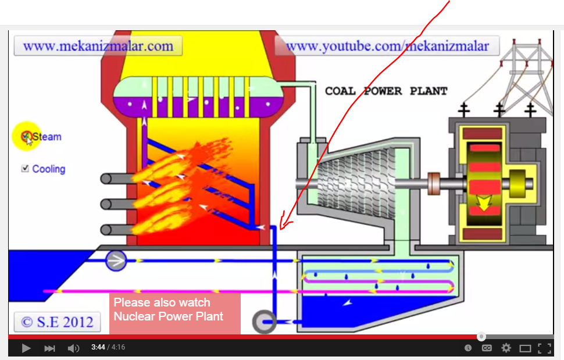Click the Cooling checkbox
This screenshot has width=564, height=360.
coord(25,169)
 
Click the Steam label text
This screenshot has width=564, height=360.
coord(47,137)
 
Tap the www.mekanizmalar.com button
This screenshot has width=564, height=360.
coord(98,46)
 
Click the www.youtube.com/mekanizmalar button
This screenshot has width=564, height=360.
coord(387,46)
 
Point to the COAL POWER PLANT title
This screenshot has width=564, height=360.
coord(386,91)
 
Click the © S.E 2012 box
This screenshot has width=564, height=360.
coord(57,322)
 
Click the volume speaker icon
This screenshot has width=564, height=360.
coord(73,348)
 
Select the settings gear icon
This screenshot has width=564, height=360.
coord(506,348)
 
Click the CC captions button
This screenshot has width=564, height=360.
coord(487,348)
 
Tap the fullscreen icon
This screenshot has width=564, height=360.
coord(544,348)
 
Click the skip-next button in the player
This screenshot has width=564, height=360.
coord(50,348)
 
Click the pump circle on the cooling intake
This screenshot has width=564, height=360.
coord(116,261)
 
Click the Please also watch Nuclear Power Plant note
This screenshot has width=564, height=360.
coord(174,313)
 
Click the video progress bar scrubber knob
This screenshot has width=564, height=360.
coord(481,337)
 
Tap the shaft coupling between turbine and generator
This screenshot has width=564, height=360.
coord(434,183)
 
